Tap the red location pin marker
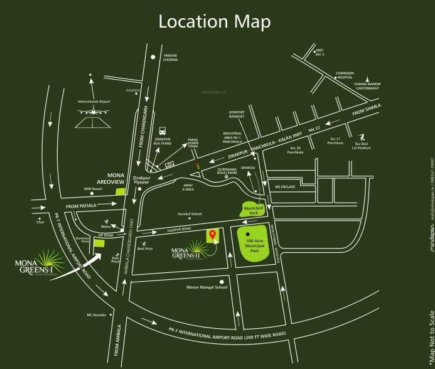[x=212, y=235]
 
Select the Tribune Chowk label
[x=171, y=57]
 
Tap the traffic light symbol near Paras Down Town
[x=198, y=166]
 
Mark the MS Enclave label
[x=284, y=187]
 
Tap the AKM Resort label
[x=93, y=188]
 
